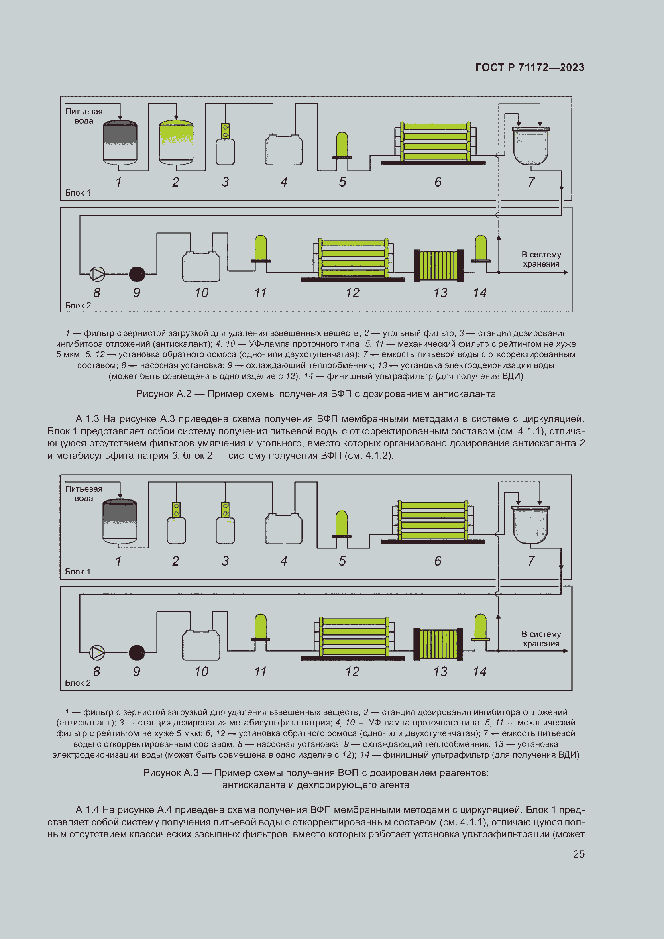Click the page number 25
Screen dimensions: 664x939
(578, 854)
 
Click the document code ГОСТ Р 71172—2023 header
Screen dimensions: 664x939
(530, 67)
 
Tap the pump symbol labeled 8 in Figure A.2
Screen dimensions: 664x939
(97, 274)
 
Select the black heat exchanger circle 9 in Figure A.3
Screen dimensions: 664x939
(137, 653)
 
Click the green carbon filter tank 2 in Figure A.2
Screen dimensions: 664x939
(176, 142)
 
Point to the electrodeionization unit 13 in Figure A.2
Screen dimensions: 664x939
(439, 265)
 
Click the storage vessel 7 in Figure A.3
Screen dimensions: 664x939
(531, 525)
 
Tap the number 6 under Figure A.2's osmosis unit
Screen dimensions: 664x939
(438, 182)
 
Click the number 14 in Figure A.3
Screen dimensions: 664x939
(480, 672)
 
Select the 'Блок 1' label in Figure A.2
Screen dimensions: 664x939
(78, 193)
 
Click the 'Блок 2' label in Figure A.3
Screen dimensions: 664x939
(78, 683)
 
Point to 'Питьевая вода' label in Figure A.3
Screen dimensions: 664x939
(84, 494)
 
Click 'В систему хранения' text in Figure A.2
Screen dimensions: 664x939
(541, 259)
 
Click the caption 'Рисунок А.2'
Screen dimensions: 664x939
(163, 394)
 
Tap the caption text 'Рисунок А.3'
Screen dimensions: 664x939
(171, 772)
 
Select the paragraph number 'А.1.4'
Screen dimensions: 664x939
(87, 809)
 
